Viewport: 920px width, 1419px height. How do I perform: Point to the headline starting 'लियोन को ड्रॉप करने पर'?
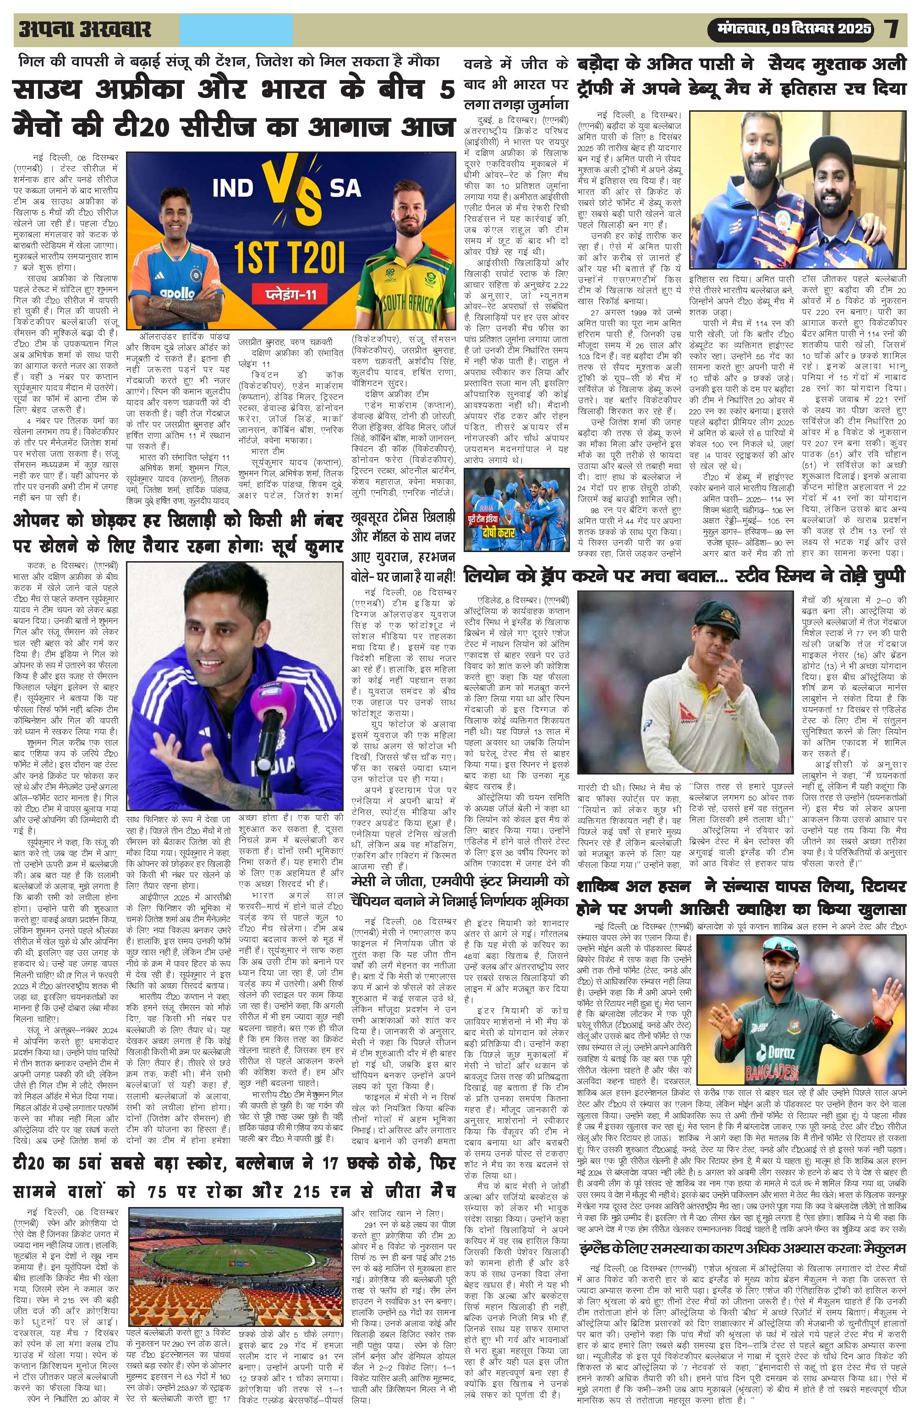pos(685,576)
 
